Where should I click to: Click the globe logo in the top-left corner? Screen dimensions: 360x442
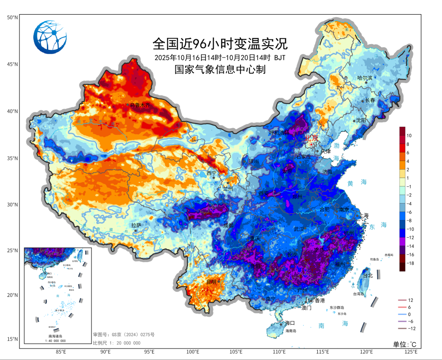[50, 37]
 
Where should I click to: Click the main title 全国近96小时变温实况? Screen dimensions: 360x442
[220, 44]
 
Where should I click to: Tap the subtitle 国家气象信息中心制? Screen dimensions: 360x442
[220, 69]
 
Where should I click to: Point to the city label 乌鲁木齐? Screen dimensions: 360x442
[140, 105]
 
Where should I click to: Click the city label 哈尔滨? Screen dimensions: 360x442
[365, 78]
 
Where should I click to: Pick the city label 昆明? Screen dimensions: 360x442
[212, 281]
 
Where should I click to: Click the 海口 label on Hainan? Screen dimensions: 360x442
[290, 323]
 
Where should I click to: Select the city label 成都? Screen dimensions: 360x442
[228, 225]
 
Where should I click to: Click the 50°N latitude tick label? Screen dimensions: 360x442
[12, 17]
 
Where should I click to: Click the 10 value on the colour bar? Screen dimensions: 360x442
[409, 135]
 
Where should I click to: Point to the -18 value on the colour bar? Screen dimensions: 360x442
[411, 263]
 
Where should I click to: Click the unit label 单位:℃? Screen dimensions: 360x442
[405, 344]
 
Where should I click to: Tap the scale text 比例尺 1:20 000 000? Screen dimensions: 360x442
[117, 343]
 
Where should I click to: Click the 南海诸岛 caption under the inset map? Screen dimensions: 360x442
[57, 336]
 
